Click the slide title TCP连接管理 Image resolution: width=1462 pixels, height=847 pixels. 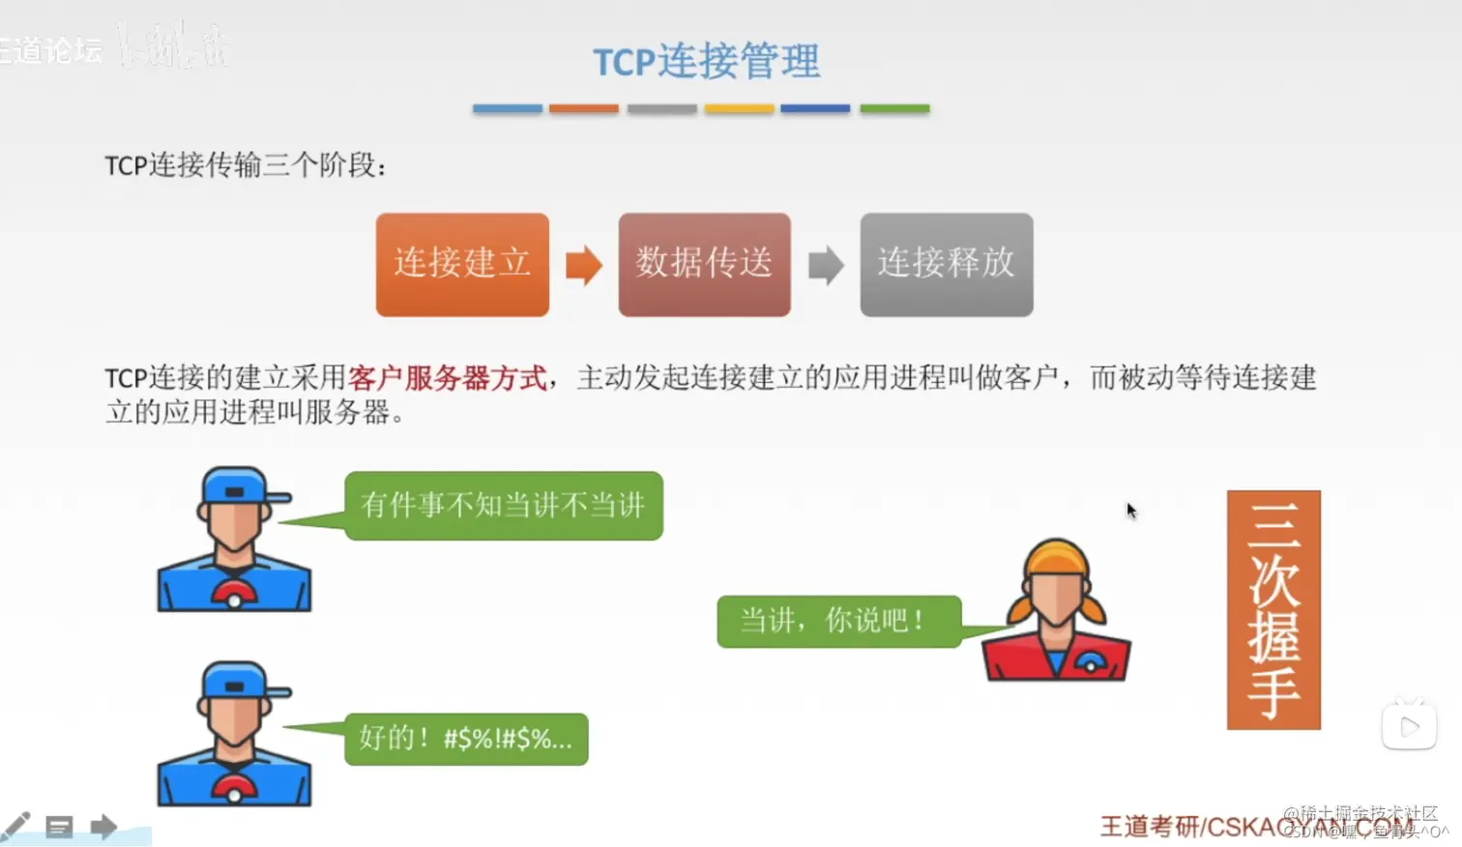[x=706, y=62]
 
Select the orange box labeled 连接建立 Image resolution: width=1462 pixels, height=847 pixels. [x=462, y=264]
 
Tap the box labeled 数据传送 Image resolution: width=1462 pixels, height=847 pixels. [x=704, y=264]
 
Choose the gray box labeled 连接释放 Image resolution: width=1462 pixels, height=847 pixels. [x=946, y=264]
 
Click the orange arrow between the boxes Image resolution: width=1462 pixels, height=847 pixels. [x=583, y=265]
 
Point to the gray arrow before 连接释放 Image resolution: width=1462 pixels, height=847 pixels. [x=825, y=265]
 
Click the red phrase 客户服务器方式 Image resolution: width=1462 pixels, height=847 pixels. [x=448, y=377]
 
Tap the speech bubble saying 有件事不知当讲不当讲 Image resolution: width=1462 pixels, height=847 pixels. [x=503, y=505]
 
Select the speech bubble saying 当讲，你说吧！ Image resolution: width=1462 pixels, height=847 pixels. [x=837, y=620]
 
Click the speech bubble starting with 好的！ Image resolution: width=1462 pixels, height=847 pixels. [x=466, y=739]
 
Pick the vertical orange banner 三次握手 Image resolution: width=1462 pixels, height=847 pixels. [x=1272, y=609]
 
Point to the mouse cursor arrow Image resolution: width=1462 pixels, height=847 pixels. [x=1129, y=510]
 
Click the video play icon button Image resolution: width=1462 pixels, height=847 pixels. [x=1409, y=725]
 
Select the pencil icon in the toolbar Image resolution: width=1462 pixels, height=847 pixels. [x=15, y=826]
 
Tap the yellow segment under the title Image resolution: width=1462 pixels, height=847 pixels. [x=739, y=109]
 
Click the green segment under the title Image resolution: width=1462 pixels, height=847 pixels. [x=894, y=109]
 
